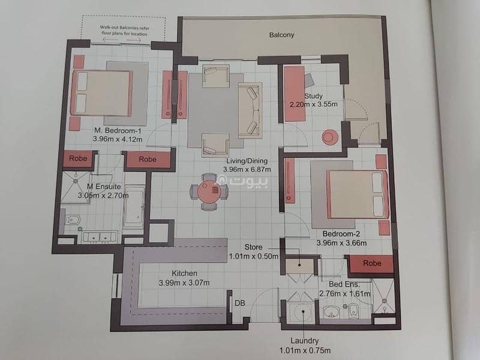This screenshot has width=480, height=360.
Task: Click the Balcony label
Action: pos(281,35)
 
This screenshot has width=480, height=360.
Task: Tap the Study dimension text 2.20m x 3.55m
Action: pos(314,104)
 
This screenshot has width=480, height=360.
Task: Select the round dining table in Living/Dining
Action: pos(209,192)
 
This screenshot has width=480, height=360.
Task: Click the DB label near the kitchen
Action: pos(239,303)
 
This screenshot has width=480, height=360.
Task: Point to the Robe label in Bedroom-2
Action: pos(372,263)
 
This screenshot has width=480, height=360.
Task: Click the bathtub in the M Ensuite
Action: pos(134,206)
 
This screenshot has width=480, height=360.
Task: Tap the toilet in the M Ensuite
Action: pos(72,220)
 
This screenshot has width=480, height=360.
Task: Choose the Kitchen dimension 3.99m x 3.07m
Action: pos(184,283)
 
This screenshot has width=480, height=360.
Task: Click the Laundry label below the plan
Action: pos(305,340)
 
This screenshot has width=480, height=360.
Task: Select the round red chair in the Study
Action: pos(329,137)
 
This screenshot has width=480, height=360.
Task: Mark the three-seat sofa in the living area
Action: pos(250,109)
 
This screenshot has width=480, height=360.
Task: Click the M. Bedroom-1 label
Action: pos(118,131)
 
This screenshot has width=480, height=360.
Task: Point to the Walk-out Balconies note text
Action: pos(125,31)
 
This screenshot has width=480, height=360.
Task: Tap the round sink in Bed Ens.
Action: pos(331,311)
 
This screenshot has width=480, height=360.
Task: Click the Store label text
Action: pos(253,247)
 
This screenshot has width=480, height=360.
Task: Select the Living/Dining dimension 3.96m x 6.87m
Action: pos(247,170)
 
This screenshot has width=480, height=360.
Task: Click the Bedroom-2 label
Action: pos(341,234)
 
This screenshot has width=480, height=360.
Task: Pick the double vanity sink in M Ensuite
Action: pos(100,236)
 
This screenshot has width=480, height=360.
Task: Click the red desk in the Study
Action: pos(295,94)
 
